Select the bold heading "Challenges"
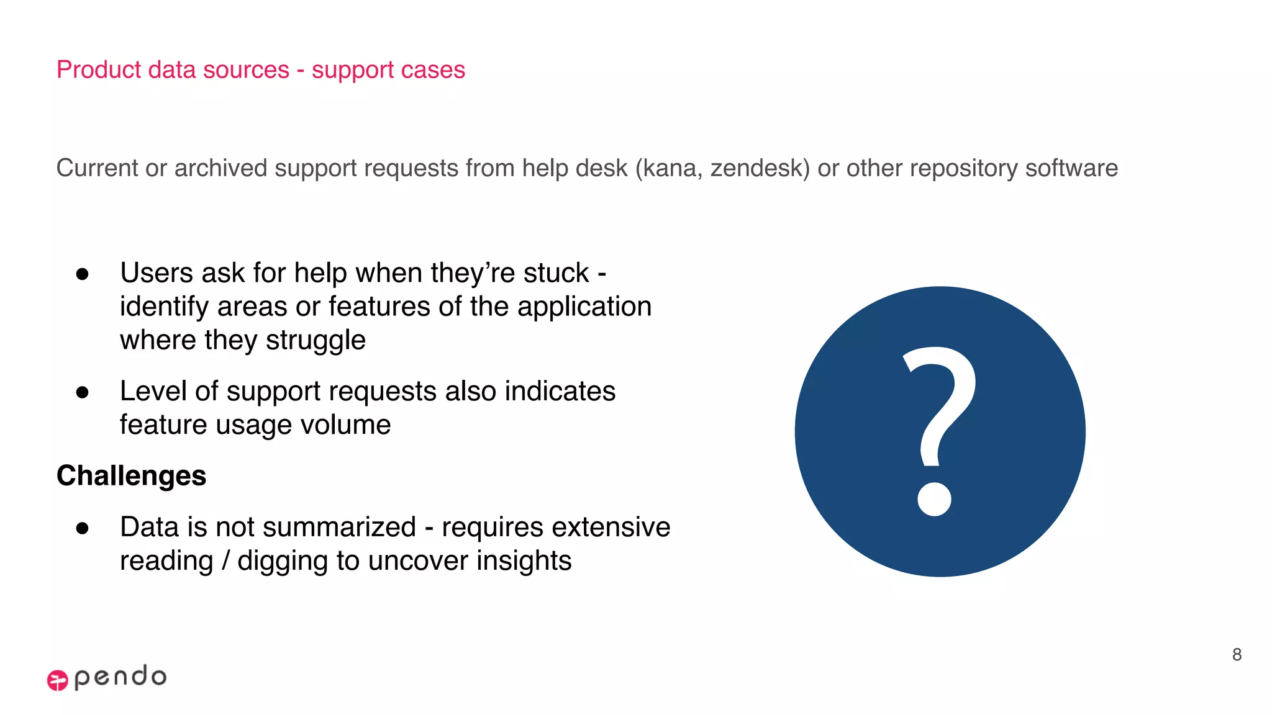131,476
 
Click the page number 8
1237,654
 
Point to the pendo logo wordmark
120,677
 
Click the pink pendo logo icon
57,680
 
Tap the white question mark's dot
934,498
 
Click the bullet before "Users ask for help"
82,274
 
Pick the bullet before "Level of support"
82,392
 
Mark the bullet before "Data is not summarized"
82,528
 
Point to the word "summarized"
329,527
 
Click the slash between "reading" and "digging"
225,560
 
